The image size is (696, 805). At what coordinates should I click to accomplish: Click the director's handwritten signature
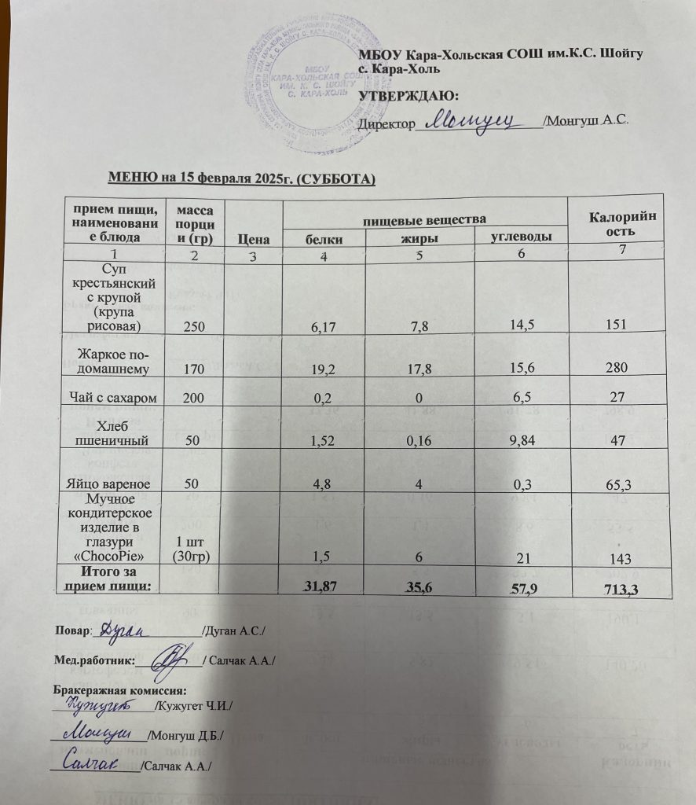click(x=475, y=120)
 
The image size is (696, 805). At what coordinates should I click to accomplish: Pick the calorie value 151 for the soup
click(x=613, y=325)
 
